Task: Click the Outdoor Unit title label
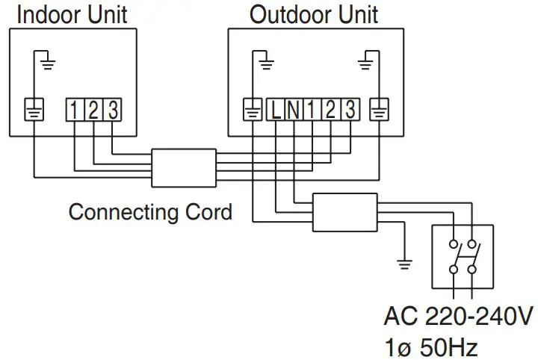tap(314, 13)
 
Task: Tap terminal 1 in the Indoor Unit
tap(75, 111)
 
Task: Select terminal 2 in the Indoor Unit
tap(93, 111)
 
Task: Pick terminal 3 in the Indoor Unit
tap(111, 111)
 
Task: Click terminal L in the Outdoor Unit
tap(276, 111)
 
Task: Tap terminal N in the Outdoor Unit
tap(294, 111)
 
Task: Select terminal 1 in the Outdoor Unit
tap(312, 111)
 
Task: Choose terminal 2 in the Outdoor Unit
tap(330, 111)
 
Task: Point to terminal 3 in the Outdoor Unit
tap(347, 111)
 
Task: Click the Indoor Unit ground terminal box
tap(34, 111)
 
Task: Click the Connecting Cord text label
tap(150, 211)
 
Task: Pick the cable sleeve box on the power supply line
tap(344, 212)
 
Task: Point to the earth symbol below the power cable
tap(404, 262)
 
